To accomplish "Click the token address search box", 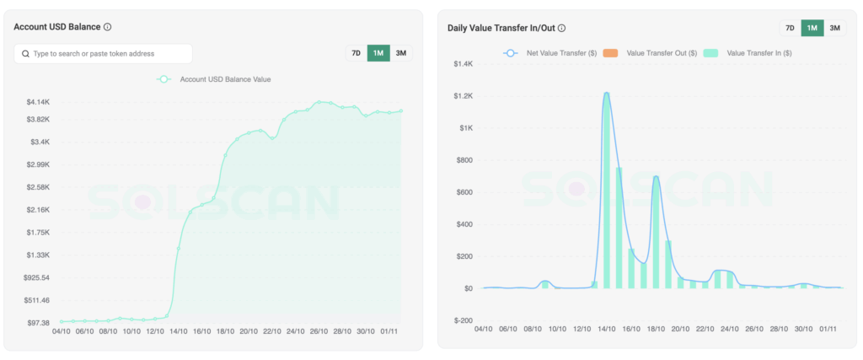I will pos(103,53).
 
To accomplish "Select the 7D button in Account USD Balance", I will pos(356,53).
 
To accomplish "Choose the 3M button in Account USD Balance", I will pos(401,53).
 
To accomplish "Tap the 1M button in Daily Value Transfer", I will pos(812,28).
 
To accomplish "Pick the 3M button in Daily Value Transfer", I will pos(834,28).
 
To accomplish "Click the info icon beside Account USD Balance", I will pos(108,27).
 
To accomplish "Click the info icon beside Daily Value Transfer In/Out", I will pos(562,28).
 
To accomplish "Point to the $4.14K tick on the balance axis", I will pos(38,102).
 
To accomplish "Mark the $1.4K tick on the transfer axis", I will pos(464,64).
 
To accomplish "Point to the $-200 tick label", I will pos(463,320).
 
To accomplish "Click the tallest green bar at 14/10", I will pos(606,194).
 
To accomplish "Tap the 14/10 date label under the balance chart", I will pos(177,332).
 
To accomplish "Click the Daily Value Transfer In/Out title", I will pos(501,28).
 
